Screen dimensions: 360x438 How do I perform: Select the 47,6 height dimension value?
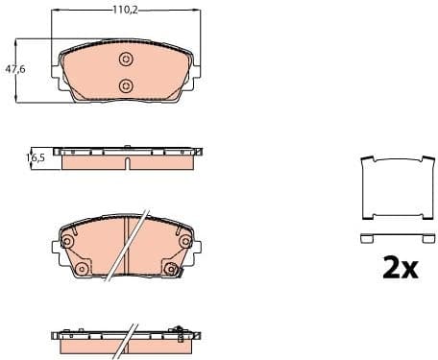coord(14,69)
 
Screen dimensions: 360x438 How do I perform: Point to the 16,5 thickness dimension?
coord(36,157)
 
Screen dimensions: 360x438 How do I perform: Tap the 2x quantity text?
coord(400,269)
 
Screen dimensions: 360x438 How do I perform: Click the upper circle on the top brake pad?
coord(126,60)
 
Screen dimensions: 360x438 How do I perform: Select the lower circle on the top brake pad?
coord(126,86)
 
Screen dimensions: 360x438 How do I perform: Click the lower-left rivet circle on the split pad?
coord(81,270)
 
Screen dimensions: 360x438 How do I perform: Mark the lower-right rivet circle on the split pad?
coord(171,270)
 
